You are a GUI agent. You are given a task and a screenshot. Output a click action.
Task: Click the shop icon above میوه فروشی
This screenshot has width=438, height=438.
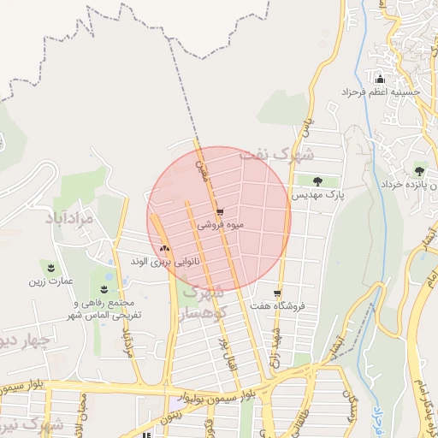coord(220,212)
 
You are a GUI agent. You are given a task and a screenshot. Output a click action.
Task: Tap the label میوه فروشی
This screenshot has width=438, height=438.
coord(221,226)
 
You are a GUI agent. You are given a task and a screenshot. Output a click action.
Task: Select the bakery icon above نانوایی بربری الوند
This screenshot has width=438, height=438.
coord(164,248)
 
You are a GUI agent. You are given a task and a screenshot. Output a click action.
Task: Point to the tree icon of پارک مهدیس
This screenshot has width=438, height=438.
coord(318,181)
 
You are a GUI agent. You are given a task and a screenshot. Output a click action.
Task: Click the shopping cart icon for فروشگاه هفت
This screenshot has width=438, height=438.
coord(276,291)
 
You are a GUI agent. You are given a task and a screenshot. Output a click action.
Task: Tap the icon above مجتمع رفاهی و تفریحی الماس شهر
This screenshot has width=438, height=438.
coord(106,288)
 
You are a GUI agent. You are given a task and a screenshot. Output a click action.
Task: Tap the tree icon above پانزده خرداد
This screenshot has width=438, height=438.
coord(419,171)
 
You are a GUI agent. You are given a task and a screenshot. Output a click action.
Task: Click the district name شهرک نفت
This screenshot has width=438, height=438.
coord(276,157)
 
